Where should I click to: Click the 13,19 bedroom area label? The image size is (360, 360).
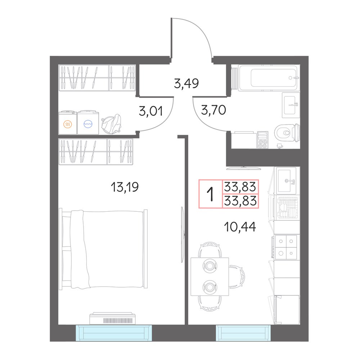[x=125, y=187]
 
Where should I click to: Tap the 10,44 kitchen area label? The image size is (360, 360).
[x=240, y=227]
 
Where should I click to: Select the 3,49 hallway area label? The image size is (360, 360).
[x=186, y=83]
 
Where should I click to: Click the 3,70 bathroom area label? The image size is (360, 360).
[x=213, y=110]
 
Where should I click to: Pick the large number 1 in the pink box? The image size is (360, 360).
[x=210, y=194]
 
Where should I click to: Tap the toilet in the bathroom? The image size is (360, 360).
[x=287, y=133]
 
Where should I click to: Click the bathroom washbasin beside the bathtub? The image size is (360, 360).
[x=291, y=105]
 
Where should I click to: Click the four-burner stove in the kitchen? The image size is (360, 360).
[x=285, y=247]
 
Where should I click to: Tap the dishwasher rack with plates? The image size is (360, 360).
[x=287, y=208]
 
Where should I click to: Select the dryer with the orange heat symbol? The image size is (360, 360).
[x=68, y=123]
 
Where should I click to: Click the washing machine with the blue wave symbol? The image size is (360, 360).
[x=88, y=122]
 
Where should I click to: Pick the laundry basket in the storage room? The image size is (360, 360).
[x=112, y=123]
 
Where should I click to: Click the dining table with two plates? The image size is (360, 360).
[x=210, y=276]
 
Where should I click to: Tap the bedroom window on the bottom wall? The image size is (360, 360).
[x=114, y=333]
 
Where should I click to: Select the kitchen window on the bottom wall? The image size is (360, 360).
[x=243, y=333]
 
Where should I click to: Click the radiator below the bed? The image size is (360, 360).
[x=114, y=319]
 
